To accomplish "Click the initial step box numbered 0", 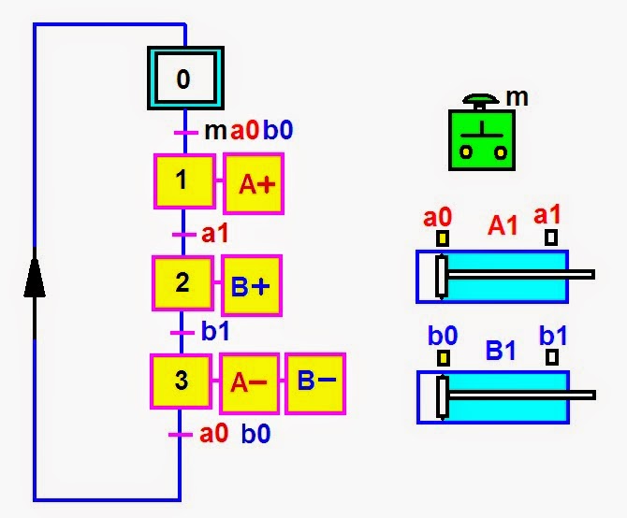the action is coord(185,78).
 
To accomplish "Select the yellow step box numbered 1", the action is coord(184,180).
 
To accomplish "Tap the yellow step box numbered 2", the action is coord(182,282).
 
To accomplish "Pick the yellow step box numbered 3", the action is coord(181,381).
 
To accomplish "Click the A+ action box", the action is coord(254,183).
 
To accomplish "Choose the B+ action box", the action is coord(252,285).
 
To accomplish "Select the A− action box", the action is coord(249,383).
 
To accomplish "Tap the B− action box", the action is coord(315,383).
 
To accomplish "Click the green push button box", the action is coord(481,140).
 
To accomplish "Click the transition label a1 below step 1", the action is coord(214,233).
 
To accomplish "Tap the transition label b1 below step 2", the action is coord(215,331).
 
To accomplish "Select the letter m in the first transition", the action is coord(215,131).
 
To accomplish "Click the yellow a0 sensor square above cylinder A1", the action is coord(442,238).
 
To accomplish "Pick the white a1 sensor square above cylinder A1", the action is coord(551,237).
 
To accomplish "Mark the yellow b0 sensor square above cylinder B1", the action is coord(443,358).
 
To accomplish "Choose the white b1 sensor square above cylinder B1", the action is coord(552,357).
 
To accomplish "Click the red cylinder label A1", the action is coord(503,225).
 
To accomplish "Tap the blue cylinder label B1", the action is coord(501,350).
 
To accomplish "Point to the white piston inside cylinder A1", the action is coord(442,277).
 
